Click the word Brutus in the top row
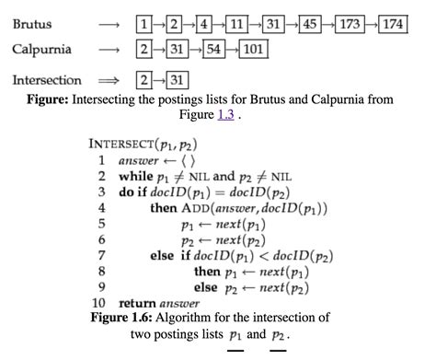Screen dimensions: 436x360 pos(31,23)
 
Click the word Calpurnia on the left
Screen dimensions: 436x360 pos(42,48)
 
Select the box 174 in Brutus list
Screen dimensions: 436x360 pos(393,23)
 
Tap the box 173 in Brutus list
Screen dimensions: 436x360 pos(350,23)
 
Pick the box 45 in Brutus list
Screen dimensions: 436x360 pos(312,23)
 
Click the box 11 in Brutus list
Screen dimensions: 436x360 pos(238,23)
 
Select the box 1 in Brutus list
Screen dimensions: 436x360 pos(143,23)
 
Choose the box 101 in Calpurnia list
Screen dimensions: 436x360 pos(254,48)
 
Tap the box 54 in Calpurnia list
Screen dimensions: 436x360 pos(214,48)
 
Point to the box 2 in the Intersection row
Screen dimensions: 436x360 pos(143,81)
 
